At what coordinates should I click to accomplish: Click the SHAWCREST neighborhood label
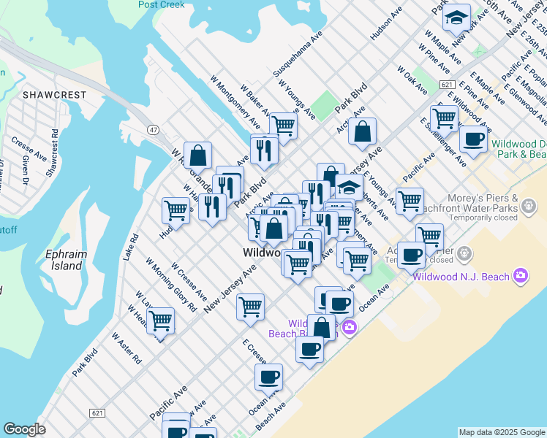[x=54, y=95]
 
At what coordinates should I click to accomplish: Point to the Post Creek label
[x=161, y=4]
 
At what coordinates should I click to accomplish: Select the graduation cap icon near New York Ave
[x=458, y=17]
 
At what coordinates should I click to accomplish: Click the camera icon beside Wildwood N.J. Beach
[x=521, y=275]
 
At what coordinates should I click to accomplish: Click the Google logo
[x=24, y=429]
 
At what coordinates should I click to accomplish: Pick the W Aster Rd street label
[x=126, y=349]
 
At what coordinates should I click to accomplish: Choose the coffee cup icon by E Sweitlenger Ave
[x=473, y=139]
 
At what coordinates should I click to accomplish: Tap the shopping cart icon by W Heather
[x=160, y=319]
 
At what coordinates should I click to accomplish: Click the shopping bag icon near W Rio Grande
[x=197, y=155]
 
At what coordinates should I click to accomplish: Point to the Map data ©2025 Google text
[x=501, y=432]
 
